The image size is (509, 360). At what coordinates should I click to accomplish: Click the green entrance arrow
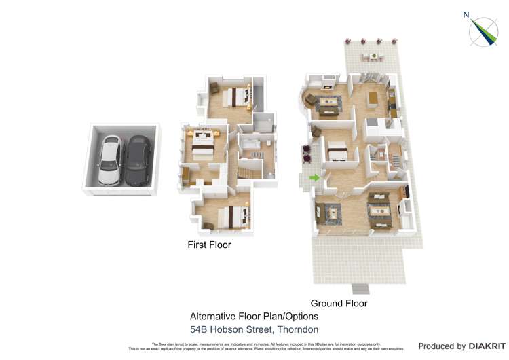pos(314,178)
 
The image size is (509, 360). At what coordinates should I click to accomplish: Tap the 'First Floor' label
pos(209,245)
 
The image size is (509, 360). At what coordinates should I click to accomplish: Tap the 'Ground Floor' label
pos(339,303)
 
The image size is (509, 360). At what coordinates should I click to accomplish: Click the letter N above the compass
pos(466,14)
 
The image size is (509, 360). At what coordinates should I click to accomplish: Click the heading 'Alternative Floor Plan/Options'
pos(254,317)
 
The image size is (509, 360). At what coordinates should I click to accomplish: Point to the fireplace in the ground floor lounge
pos(327,87)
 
